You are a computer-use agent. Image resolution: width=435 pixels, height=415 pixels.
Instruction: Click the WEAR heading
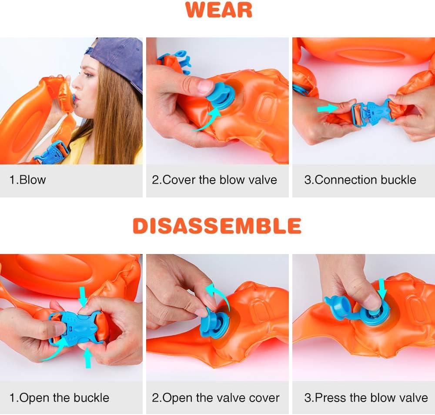(x=219, y=10)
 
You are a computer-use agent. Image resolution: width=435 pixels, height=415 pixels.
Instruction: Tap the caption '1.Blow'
(x=28, y=180)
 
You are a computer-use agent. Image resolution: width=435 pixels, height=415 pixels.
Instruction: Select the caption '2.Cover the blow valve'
(x=214, y=180)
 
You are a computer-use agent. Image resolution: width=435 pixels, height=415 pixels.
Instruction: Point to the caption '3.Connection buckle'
(x=360, y=180)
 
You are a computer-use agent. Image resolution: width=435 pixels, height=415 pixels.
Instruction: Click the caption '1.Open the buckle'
(x=60, y=398)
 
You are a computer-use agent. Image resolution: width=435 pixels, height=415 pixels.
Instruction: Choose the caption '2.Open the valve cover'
(x=216, y=398)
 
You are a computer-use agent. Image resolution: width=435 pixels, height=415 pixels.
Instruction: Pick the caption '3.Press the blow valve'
(x=366, y=398)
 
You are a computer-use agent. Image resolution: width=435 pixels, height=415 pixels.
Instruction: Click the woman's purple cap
(x=120, y=57)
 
